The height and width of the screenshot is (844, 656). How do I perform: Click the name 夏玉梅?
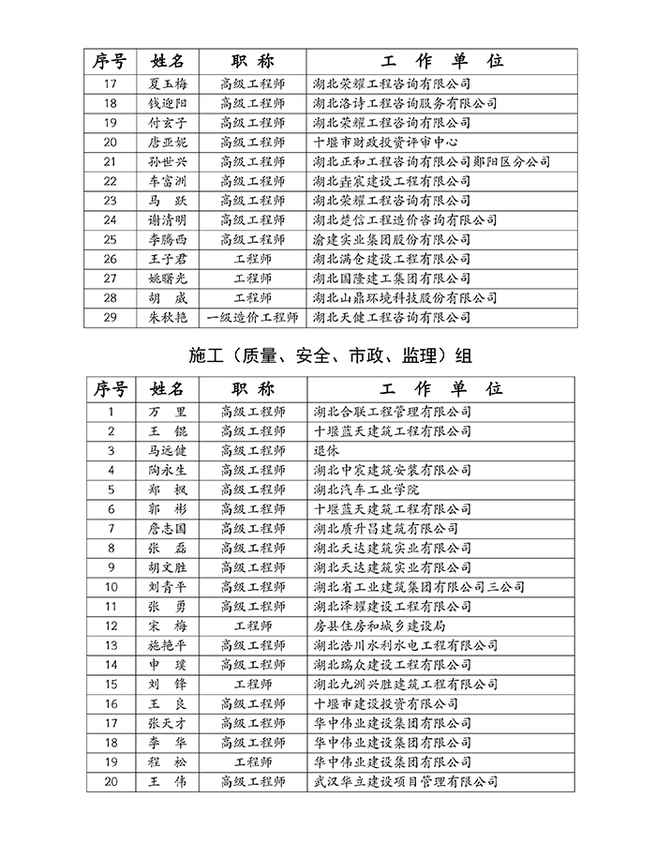click(x=168, y=83)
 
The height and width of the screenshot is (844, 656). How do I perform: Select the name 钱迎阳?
click(x=168, y=103)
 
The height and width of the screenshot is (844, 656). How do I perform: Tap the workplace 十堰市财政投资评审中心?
click(x=385, y=143)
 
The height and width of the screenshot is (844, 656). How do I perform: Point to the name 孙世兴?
click(x=168, y=161)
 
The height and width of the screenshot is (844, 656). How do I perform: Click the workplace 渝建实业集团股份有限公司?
click(x=392, y=239)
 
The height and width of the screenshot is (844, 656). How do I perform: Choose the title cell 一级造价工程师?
click(x=252, y=317)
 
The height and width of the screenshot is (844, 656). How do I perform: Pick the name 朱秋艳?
click(x=168, y=317)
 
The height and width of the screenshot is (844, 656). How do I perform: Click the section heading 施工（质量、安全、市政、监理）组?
click(x=328, y=356)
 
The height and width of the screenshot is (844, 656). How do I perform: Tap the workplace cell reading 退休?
click(x=326, y=450)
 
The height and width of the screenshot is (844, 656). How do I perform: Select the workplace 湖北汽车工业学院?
click(x=366, y=490)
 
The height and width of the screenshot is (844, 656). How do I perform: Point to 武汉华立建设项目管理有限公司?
click(x=405, y=781)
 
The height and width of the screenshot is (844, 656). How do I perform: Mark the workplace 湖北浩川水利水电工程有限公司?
click(x=405, y=645)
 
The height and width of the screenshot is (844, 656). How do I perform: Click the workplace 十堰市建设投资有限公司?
click(x=385, y=703)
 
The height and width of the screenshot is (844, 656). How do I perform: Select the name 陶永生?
click(x=168, y=470)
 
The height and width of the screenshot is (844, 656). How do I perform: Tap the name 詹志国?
click(x=168, y=528)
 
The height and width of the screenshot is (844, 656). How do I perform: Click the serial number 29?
click(x=111, y=317)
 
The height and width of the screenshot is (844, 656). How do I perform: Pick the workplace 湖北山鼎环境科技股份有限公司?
click(x=405, y=297)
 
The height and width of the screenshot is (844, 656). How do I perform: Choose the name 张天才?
click(x=168, y=723)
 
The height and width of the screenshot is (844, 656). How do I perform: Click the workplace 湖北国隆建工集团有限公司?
click(x=392, y=279)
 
